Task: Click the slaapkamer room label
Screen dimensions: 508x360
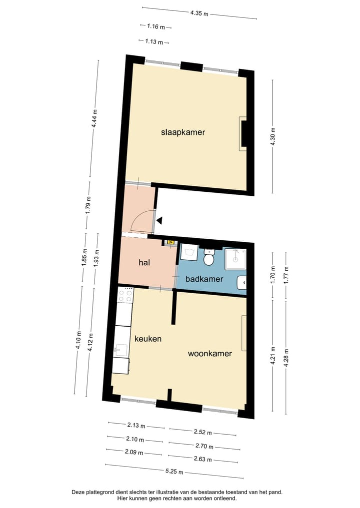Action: pyautogui.click(x=183, y=132)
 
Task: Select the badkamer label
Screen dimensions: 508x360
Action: pyautogui.click(x=204, y=279)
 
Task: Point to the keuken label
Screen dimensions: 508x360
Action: pyautogui.click(x=148, y=339)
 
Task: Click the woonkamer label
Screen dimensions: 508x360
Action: pyautogui.click(x=209, y=354)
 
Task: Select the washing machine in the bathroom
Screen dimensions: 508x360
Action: pyautogui.click(x=189, y=252)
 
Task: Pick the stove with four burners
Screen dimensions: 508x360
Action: pyautogui.click(x=125, y=295)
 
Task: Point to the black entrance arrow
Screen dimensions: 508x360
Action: pyautogui.click(x=159, y=220)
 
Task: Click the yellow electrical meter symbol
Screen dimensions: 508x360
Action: pyautogui.click(x=170, y=243)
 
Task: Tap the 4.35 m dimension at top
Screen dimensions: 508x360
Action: pyautogui.click(x=199, y=13)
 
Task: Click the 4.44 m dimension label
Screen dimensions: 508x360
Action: pyautogui.click(x=94, y=118)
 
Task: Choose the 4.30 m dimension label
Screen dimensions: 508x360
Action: pyautogui.click(x=272, y=136)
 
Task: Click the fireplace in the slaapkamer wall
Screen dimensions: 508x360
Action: pyautogui.click(x=243, y=133)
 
